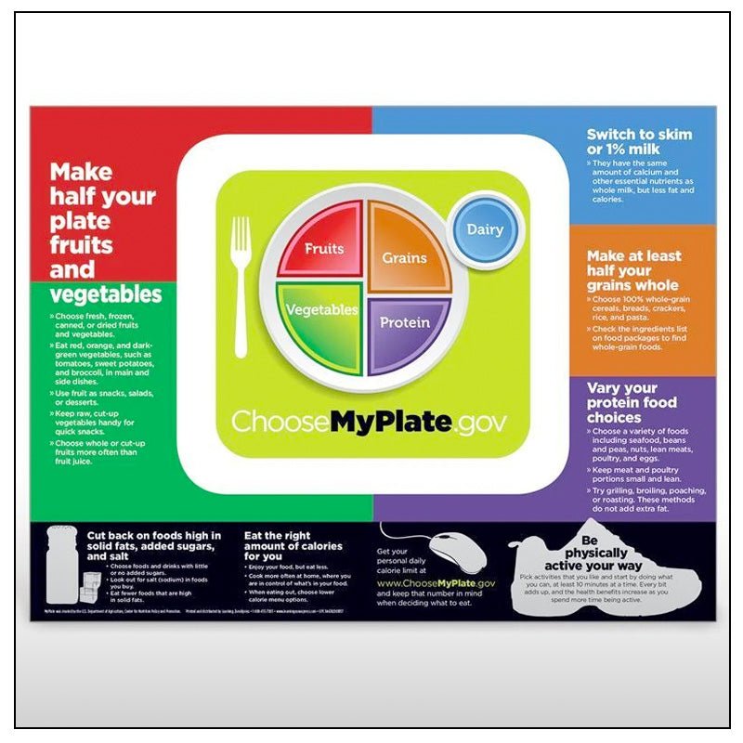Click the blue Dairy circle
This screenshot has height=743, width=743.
[x=485, y=229]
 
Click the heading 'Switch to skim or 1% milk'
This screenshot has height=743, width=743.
[x=639, y=142]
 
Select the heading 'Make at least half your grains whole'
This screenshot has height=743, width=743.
[x=633, y=270]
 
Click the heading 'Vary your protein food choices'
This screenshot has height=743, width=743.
[x=632, y=403]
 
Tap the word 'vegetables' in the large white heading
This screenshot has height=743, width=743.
[x=105, y=295]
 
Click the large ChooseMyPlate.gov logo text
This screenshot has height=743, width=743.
[x=370, y=422]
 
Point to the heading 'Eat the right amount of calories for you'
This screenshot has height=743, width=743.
[x=293, y=545]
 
